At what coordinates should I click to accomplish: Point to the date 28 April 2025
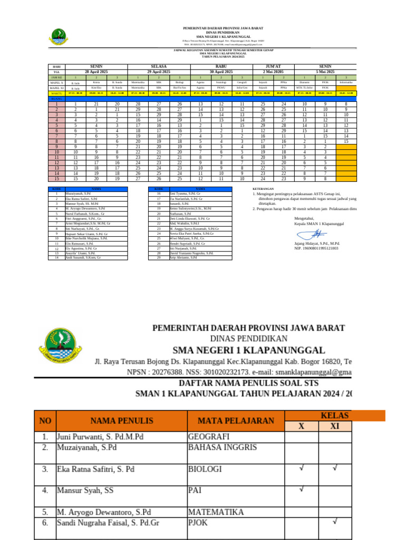[96, 72]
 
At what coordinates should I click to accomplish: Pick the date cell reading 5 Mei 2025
[325, 72]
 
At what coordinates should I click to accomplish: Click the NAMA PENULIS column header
[121, 420]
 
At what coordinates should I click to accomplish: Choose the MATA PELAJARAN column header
[236, 420]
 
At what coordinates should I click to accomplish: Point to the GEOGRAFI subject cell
[209, 437]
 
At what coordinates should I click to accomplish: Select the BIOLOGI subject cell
[205, 469]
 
